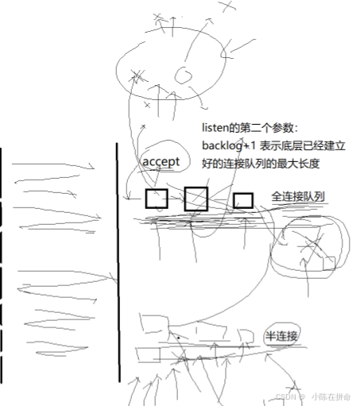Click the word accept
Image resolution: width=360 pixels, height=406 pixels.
pyautogui.click(x=161, y=161)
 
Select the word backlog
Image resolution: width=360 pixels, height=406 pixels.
pyautogui.click(x=223, y=146)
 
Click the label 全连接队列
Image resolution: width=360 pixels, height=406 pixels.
pyautogui.click(x=298, y=196)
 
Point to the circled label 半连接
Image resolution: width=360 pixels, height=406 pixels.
pyautogui.click(x=281, y=336)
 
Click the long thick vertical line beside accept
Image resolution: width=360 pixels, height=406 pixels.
pyautogui.click(x=118, y=262)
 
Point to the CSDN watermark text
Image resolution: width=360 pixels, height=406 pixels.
pyautogui.click(x=285, y=396)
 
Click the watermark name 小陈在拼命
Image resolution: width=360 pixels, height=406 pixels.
pyautogui.click(x=331, y=396)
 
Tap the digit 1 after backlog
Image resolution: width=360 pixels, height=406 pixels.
pyautogui.click(x=253, y=146)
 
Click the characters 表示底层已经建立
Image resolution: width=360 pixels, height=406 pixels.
pyautogui.click(x=302, y=146)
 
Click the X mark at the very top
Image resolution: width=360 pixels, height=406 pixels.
pyautogui.click(x=228, y=6)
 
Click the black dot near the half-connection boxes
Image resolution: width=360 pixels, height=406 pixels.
pyautogui.click(x=179, y=338)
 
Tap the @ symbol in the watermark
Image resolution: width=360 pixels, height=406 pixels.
pyautogui.click(x=302, y=396)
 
